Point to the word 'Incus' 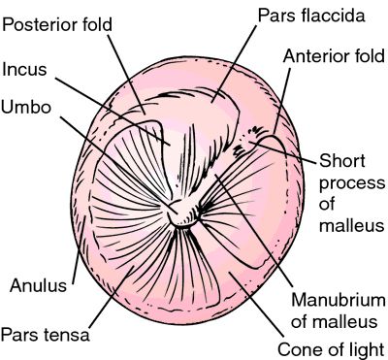click(26, 69)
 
